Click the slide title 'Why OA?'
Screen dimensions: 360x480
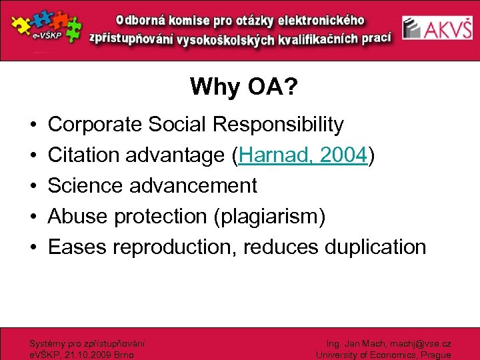pos(240,87)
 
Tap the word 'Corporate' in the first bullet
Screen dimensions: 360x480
pos(95,125)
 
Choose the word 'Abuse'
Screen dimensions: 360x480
pos(79,217)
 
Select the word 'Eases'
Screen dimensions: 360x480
pos(77,247)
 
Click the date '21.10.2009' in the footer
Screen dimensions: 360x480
pos(83,355)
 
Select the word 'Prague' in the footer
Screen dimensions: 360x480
pos(434,355)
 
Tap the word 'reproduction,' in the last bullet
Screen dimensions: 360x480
pos(175,247)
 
